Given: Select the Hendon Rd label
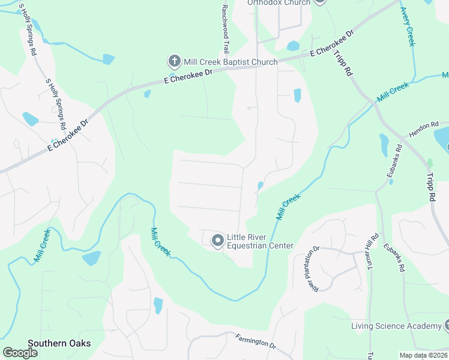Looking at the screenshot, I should (x=420, y=128).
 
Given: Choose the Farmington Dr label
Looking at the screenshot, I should (x=255, y=341).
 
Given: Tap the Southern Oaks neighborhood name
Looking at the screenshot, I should (x=59, y=343).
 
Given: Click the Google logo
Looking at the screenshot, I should (x=20, y=353).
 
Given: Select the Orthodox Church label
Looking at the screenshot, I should (x=280, y=2).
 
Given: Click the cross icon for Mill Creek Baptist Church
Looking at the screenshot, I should (x=174, y=61).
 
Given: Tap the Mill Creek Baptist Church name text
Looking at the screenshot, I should (x=231, y=62).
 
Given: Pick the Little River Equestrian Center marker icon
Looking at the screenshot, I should (x=217, y=241).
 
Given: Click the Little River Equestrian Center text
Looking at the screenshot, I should (x=259, y=241).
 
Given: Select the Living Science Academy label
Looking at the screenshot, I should (x=396, y=326).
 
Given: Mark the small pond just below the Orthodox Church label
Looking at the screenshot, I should (x=293, y=46).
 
